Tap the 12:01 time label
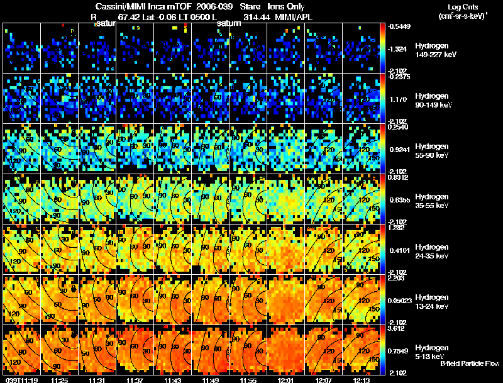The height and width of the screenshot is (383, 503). pyautogui.click(x=285, y=380)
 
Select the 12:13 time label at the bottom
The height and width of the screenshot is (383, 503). pyautogui.click(x=362, y=380)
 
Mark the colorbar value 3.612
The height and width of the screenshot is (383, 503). pyautogui.click(x=397, y=328)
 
